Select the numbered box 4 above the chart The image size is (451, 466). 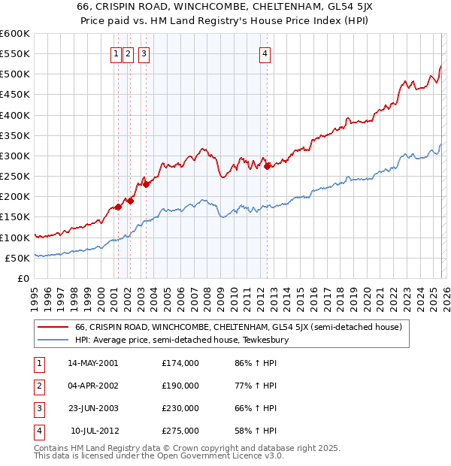tap(266, 53)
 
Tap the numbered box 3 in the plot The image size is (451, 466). tap(144, 53)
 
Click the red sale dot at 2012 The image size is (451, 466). tap(267, 167)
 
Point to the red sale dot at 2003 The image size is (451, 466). tap(147, 184)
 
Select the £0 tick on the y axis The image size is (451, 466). tap(24, 278)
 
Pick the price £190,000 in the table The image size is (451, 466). tap(180, 386)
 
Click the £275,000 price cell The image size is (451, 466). tap(180, 431)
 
